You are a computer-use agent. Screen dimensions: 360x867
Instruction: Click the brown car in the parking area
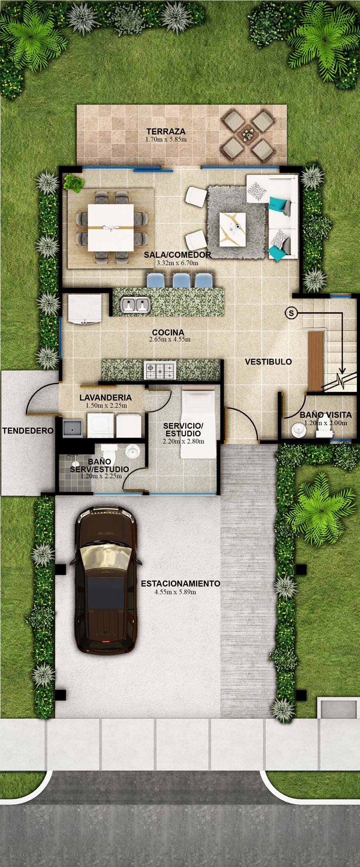[x=106, y=580]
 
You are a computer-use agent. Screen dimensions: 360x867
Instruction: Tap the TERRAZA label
[x=166, y=131]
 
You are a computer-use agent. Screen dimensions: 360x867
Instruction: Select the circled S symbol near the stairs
[x=291, y=313]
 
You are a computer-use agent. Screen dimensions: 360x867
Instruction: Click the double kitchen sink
[x=135, y=305]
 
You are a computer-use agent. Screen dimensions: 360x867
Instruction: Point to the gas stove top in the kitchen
[x=160, y=370]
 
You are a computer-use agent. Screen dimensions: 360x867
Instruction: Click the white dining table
[x=111, y=228]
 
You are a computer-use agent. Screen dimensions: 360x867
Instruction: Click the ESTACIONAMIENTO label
[x=180, y=583]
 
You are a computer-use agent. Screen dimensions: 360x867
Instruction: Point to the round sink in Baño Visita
[x=298, y=430]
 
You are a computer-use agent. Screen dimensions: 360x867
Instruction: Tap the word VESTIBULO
[x=268, y=362]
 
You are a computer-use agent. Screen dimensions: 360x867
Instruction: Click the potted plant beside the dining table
[x=73, y=183]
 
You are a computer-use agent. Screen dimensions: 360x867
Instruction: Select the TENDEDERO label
[x=28, y=431]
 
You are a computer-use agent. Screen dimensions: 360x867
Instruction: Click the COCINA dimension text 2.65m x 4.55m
[x=170, y=340]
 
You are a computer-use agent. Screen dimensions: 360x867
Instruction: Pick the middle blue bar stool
[x=181, y=280]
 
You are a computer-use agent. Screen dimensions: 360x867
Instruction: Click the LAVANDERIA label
[x=106, y=398]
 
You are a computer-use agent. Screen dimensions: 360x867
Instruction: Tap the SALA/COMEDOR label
[x=178, y=255]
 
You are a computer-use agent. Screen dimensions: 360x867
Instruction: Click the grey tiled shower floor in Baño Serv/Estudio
[x=75, y=473]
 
